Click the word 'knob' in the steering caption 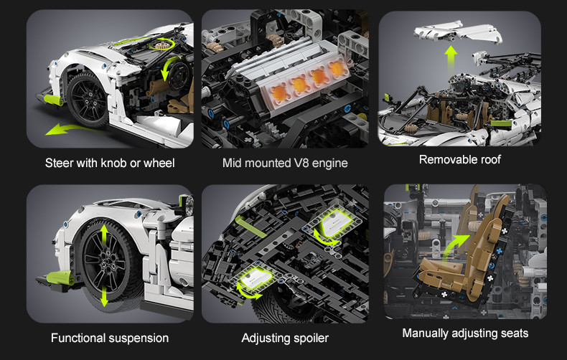tap(114, 163)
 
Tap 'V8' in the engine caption tap(301, 163)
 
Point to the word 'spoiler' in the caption tap(311, 338)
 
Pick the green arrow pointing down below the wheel tap(104, 295)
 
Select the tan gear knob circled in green tap(159, 45)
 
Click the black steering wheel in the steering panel tap(179, 75)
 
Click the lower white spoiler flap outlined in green tap(256, 279)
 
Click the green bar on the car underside tap(250, 227)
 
